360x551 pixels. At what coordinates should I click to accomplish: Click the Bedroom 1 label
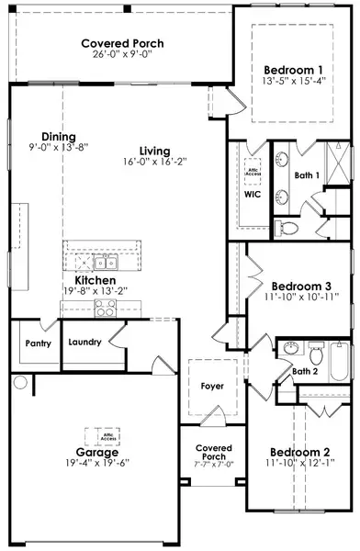[x=292, y=70]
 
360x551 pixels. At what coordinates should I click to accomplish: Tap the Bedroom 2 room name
[x=299, y=452]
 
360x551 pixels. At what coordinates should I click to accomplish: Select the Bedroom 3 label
[x=298, y=285]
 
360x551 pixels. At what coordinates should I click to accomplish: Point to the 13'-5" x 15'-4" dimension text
[x=292, y=83]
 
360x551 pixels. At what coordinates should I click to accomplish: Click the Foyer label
[x=212, y=386]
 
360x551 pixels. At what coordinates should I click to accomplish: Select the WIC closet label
[x=253, y=195]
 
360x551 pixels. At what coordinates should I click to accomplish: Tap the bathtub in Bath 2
[x=339, y=360]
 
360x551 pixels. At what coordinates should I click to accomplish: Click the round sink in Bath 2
[x=290, y=349]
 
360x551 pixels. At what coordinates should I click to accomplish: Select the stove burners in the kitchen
[x=103, y=309]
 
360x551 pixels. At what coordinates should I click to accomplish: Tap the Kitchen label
[x=95, y=280]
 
